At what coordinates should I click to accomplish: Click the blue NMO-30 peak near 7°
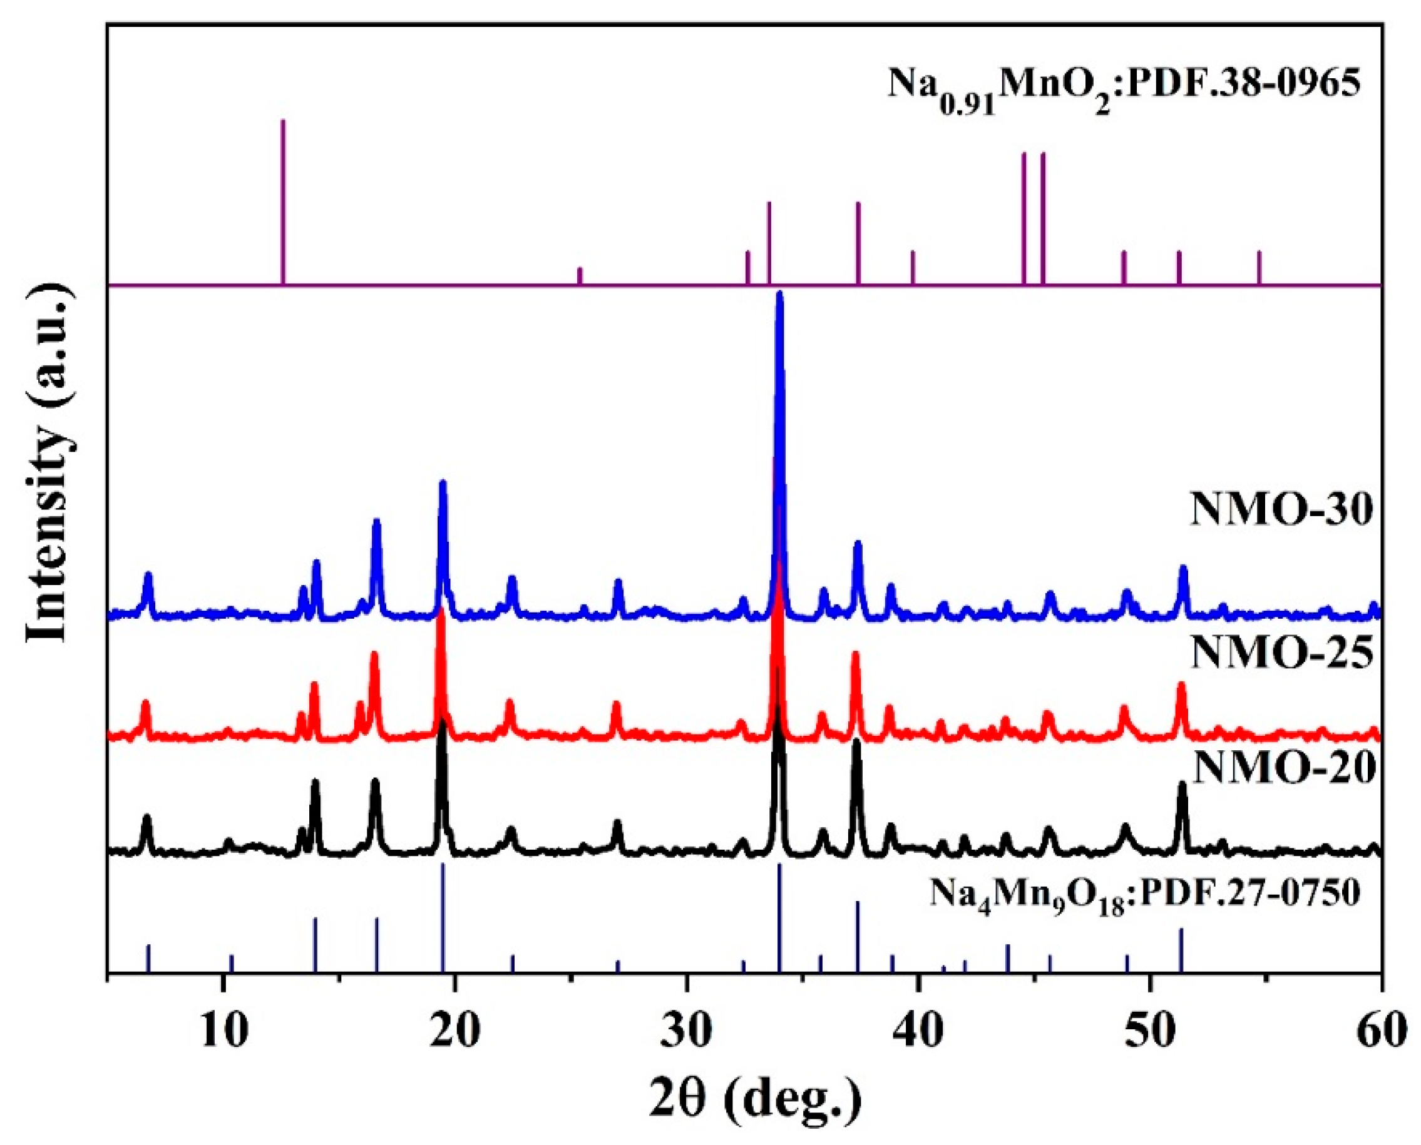(148, 576)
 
